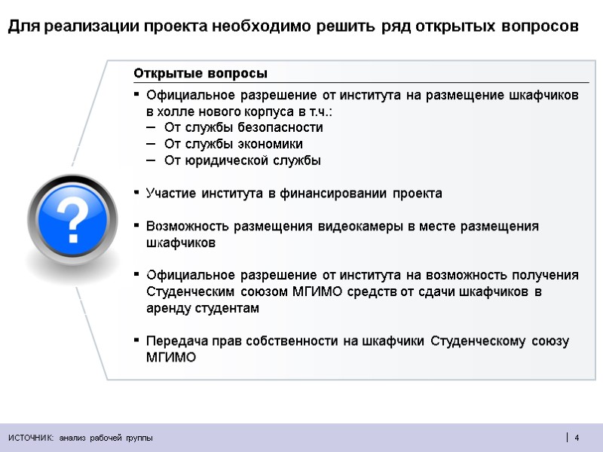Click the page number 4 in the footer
coord(577,438)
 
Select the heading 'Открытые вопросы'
coord(200,73)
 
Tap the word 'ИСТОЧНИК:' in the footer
coord(31,438)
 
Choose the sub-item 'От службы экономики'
coord(233,144)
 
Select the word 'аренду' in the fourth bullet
coord(167,308)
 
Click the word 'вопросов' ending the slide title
coord(539,27)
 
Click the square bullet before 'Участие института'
coord(136,193)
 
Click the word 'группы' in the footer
coord(138,438)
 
